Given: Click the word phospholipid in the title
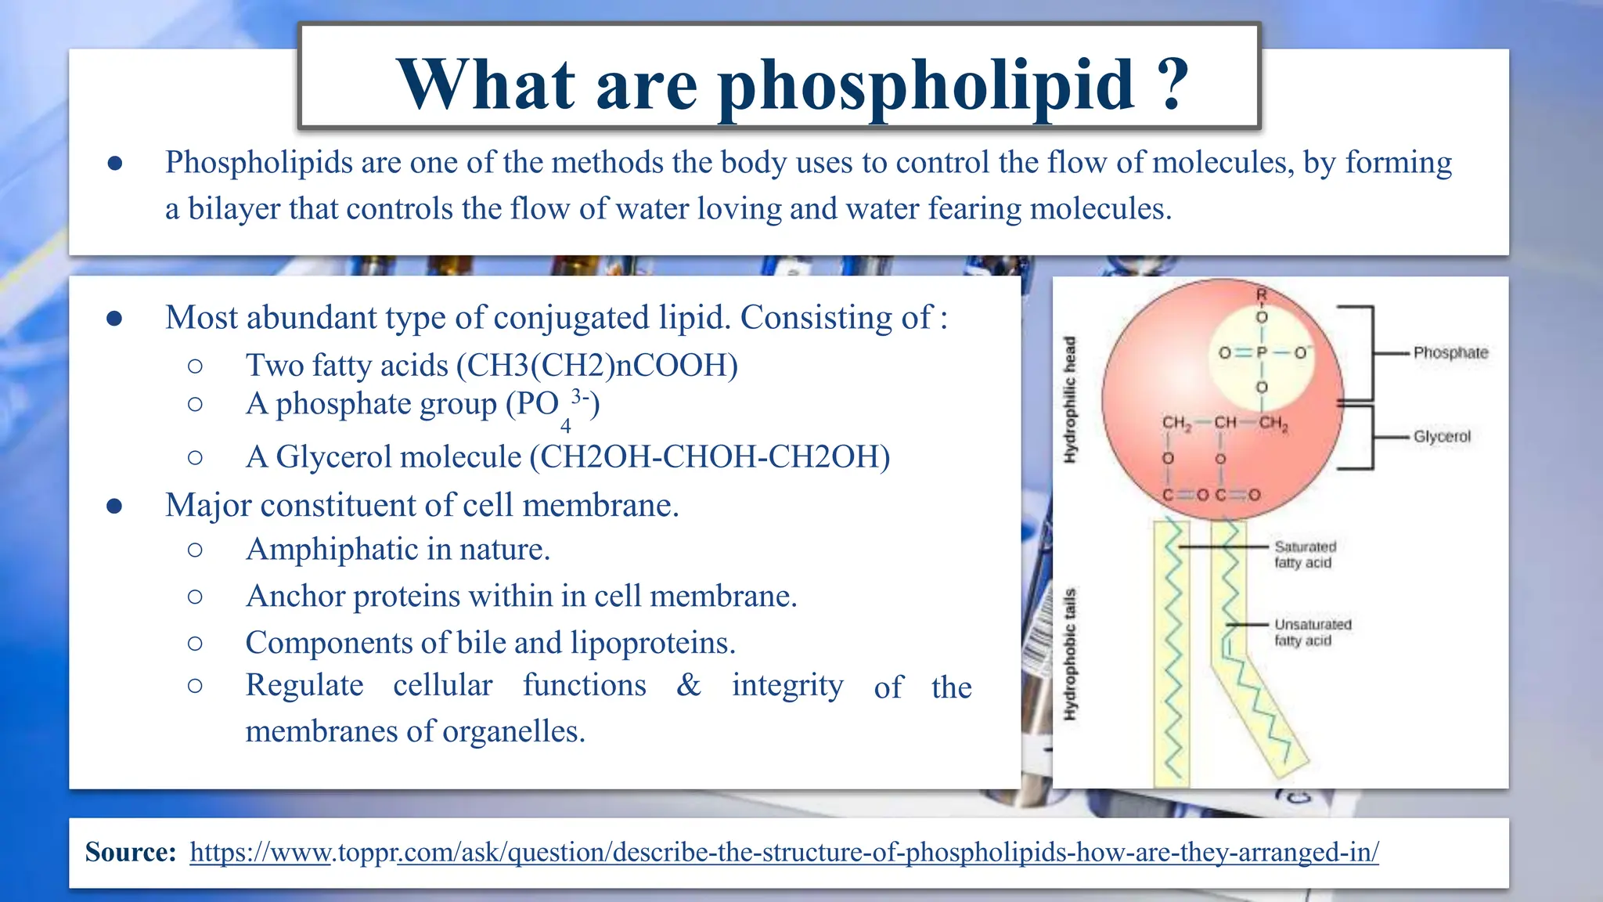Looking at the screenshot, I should tap(926, 86).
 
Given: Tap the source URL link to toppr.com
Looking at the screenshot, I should tap(783, 852).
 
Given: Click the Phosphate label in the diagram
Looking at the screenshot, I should tap(1450, 353).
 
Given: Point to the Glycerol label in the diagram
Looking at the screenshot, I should tap(1442, 437).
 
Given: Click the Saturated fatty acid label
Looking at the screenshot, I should tap(1305, 554).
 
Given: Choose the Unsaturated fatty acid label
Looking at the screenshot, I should tap(1313, 632).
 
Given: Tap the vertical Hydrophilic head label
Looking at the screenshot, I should tap(1070, 399).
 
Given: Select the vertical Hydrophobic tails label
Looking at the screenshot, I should tap(1070, 654).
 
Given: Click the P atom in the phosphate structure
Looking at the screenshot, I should tap(1261, 353).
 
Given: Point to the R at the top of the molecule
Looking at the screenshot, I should tap(1262, 295).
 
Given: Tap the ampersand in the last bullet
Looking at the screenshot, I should tap(689, 685).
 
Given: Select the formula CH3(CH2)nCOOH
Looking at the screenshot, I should tap(597, 366).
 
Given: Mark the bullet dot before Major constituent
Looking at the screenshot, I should tap(114, 506).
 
